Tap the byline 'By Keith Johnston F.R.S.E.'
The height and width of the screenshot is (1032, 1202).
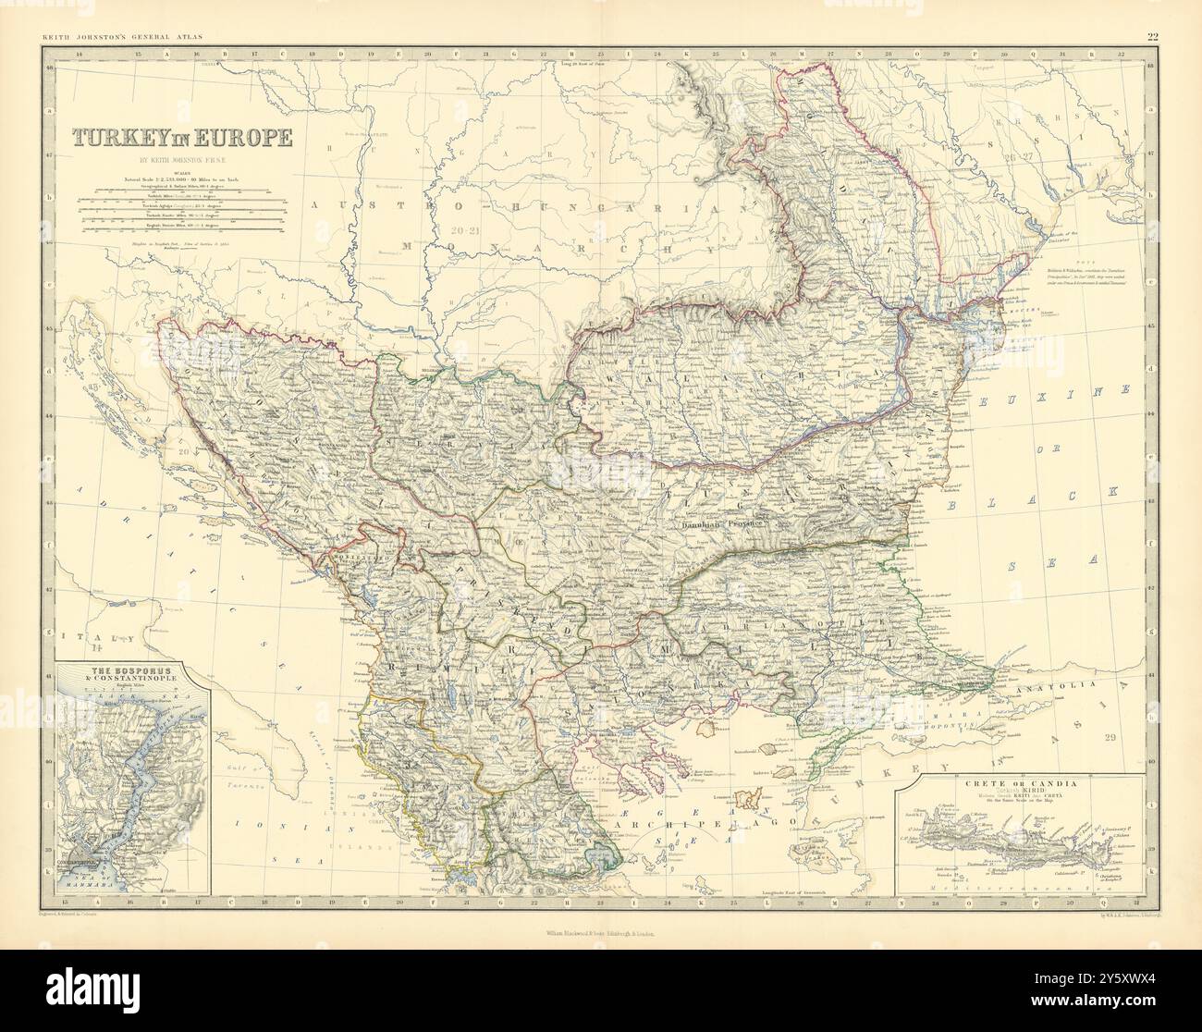point(183,160)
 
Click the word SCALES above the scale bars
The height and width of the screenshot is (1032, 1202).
point(182,170)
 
